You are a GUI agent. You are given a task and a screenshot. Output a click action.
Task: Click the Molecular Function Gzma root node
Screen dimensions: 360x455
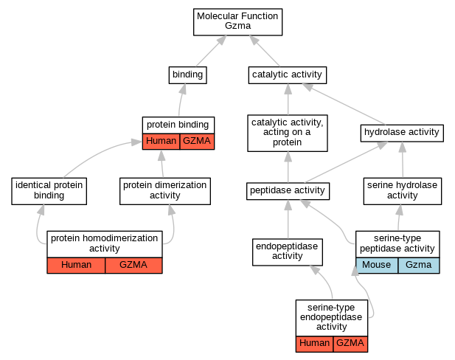(x=238, y=21)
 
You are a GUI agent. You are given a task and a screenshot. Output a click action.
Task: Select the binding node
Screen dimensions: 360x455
(x=187, y=75)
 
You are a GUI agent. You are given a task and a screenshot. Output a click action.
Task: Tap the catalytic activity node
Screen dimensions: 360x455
(x=287, y=75)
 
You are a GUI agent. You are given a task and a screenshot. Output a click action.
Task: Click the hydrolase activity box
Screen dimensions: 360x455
(x=401, y=133)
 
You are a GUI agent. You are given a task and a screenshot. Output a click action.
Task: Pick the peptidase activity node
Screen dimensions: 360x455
(x=287, y=191)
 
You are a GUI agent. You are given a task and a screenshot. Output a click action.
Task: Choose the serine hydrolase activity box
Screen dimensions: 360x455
(x=402, y=190)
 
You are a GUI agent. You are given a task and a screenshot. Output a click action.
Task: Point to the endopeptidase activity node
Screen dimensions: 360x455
(x=288, y=250)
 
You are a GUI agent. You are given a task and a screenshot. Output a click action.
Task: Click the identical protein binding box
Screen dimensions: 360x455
(x=49, y=190)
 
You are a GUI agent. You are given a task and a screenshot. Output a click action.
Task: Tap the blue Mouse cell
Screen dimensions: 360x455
(x=377, y=265)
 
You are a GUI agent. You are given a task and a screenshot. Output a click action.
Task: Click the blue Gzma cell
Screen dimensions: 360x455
(x=418, y=265)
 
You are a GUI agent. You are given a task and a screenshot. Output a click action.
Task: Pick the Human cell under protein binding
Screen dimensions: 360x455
(x=161, y=141)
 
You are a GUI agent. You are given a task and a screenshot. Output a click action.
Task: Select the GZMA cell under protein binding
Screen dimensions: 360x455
(x=196, y=141)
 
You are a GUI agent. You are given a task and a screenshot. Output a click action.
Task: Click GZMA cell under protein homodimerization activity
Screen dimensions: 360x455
(x=133, y=265)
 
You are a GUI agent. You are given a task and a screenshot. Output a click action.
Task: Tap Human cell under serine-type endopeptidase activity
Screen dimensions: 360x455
(x=314, y=343)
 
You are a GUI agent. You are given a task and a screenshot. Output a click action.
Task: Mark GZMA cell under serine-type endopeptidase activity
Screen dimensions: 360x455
(x=350, y=343)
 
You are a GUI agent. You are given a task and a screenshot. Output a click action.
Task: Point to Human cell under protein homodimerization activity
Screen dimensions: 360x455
(x=76, y=265)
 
